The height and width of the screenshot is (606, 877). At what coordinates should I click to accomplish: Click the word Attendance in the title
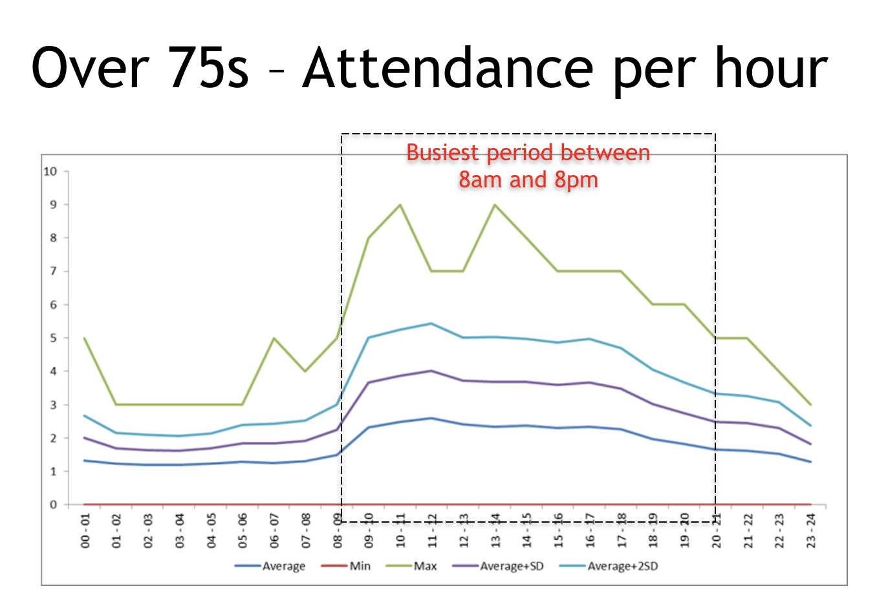coord(448,68)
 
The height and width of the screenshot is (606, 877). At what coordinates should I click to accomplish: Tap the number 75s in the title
coord(208,68)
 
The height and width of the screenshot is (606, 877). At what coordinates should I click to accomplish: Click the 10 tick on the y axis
coord(50,171)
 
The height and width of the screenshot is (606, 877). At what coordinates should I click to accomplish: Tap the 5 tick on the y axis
coord(54,338)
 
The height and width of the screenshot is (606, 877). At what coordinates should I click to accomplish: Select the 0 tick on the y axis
coord(54,505)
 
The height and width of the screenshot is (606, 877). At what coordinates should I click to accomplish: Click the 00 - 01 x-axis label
coord(85,531)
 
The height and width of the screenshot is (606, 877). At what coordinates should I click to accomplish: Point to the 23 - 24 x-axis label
coord(811,531)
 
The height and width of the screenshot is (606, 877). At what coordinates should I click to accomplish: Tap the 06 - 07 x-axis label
coord(274,531)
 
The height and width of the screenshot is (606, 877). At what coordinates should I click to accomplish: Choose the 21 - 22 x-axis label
coord(748,531)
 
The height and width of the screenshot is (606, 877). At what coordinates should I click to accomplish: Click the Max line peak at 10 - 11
coord(400,205)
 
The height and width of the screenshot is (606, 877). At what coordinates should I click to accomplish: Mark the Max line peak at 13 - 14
coord(495,205)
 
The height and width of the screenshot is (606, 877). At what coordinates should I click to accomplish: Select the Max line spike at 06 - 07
coord(274,338)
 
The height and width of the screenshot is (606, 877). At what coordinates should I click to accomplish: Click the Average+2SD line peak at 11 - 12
coord(431,324)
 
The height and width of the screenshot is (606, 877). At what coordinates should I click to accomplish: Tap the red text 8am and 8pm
coord(528,180)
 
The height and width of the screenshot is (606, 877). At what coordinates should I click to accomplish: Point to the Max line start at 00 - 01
coord(85,338)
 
